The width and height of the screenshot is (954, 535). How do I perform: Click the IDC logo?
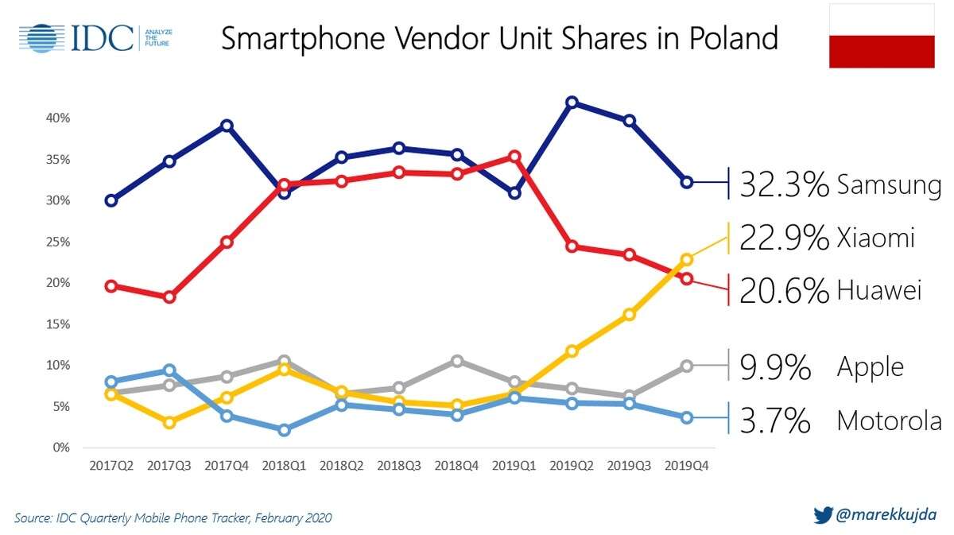coord(95,37)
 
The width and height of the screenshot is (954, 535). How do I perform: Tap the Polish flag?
coord(882,36)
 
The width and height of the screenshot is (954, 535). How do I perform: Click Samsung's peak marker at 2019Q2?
coord(572,103)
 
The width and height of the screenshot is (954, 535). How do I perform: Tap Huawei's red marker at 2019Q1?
coord(514,157)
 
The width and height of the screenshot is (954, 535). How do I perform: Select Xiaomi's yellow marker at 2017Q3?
coord(169,422)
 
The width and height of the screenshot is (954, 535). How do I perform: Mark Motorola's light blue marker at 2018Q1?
coord(284,430)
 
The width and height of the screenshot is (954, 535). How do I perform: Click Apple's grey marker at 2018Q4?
coord(456,361)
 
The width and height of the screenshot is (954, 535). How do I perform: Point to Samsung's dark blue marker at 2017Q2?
coord(111,200)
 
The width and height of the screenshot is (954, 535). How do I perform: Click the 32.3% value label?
coord(784,185)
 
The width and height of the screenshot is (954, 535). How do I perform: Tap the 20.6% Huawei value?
coord(784,291)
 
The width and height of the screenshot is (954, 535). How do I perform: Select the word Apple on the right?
coord(870,367)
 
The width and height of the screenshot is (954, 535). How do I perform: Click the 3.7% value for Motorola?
coord(774,421)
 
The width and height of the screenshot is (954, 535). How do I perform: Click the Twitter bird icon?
coord(823,515)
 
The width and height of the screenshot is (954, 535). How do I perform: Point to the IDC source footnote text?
coord(173,518)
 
